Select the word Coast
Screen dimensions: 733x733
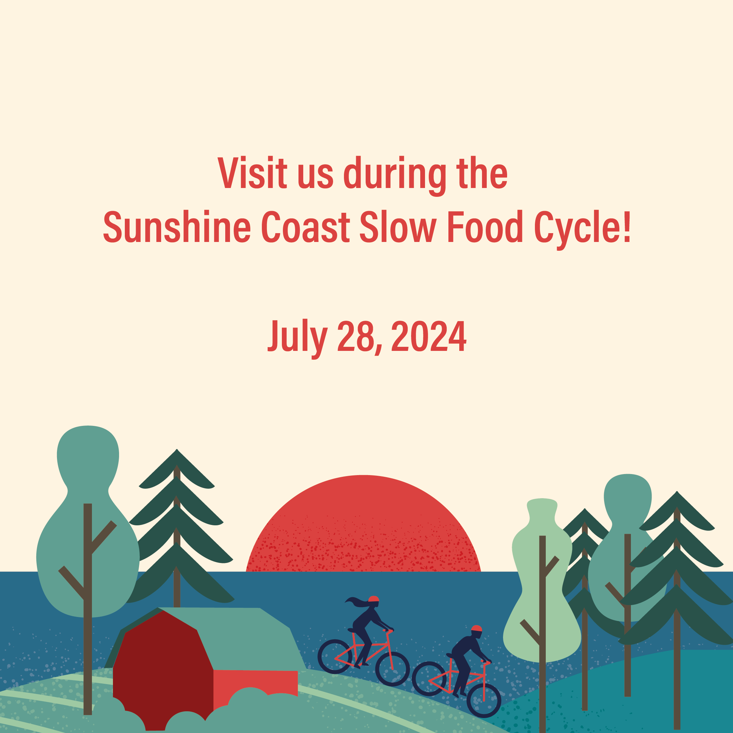305,227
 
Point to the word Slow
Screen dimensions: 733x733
398,227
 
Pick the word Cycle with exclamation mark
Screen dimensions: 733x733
582,228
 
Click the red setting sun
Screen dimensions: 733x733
364,528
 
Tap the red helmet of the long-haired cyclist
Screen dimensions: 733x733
374,599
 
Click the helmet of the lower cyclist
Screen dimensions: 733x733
477,628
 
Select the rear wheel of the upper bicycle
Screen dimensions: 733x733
335,656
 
